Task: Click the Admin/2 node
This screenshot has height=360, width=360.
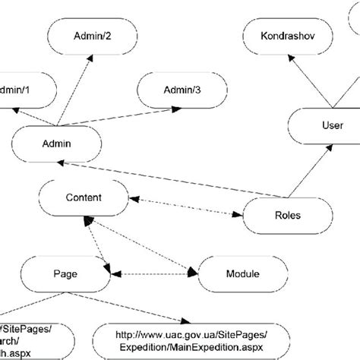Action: pos(91,36)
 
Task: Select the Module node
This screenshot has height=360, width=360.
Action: pos(242,273)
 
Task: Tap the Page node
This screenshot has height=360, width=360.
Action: pos(65,273)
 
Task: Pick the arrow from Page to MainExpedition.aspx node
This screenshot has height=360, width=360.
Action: pos(137,305)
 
